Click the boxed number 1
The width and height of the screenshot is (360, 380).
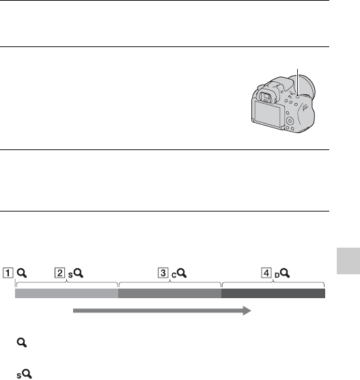click(8, 273)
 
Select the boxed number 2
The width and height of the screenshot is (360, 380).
click(59, 273)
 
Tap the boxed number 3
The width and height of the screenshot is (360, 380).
click(163, 273)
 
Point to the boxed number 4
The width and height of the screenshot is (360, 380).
click(266, 273)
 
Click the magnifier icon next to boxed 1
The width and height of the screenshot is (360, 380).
click(22, 273)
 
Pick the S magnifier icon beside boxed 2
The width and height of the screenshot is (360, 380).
click(76, 274)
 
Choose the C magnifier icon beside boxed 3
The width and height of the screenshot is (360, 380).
click(179, 274)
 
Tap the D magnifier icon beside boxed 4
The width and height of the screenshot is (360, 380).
click(282, 274)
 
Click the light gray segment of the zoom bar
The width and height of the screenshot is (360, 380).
click(67, 293)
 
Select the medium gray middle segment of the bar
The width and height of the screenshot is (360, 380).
click(170, 293)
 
